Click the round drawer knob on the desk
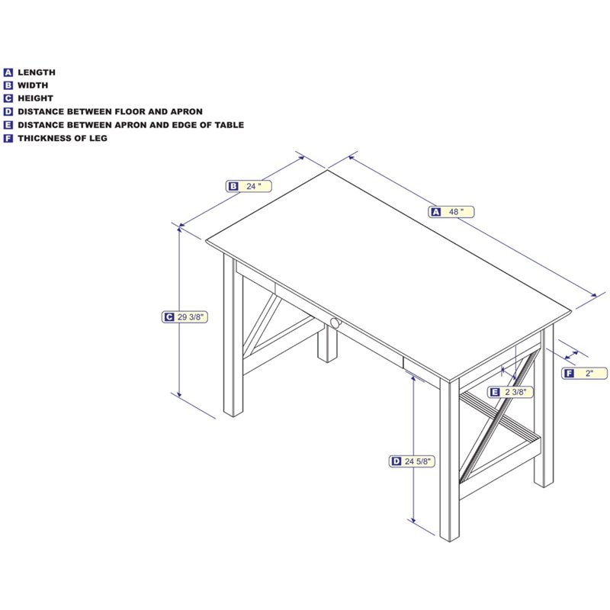[335, 323]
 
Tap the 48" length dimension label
[451, 212]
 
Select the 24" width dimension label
[249, 186]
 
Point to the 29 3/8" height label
[185, 317]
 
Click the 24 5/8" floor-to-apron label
[412, 461]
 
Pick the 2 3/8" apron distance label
[510, 392]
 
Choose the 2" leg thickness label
[584, 374]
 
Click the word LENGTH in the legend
[37, 72]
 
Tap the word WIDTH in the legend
[33, 85]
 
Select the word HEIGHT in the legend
[35, 98]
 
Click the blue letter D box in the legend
[8, 112]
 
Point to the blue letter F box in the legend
[8, 139]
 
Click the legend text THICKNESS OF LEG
[63, 138]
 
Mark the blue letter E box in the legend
[8, 125]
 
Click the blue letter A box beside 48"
[436, 212]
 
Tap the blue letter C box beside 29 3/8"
[169, 317]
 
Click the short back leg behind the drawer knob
[327, 345]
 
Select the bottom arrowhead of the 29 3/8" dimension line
[179, 394]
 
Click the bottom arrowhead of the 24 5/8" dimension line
[413, 520]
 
